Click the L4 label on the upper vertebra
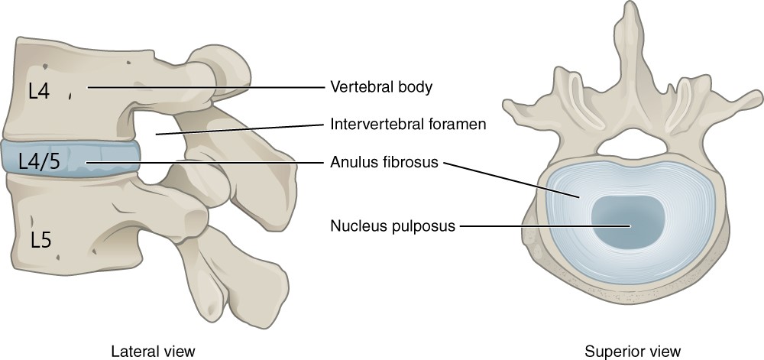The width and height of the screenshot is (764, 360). coord(39,91)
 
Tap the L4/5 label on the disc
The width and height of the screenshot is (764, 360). coord(40,161)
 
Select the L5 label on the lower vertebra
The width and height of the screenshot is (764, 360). coord(41,240)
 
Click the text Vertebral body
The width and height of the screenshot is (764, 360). coord(381,87)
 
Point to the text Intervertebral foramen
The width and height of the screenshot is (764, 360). coord(408,125)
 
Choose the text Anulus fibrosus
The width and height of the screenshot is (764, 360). coord(384,162)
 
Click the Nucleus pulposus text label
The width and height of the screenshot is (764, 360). coord(392,226)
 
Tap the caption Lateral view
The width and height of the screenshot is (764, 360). coord(153,351)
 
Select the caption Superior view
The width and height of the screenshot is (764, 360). coord(633,351)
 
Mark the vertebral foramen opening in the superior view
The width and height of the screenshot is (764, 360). coord(631,144)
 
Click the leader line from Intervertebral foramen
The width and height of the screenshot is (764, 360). coord(240,128)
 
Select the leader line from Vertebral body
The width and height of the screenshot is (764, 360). coord(206,88)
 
